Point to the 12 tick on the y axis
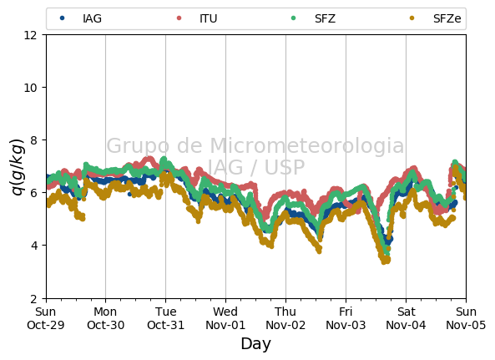tap(30, 35)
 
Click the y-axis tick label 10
tap(30, 88)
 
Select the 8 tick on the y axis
tap(33, 139)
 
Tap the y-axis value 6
tap(33, 193)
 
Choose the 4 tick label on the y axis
tap(33, 246)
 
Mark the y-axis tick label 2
tap(33, 298)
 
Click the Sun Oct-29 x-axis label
tap(46, 318)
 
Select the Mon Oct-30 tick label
tap(105, 318)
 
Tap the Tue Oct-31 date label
tap(166, 318)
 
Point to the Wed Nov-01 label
tap(225, 318)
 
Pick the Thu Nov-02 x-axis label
tap(285, 318)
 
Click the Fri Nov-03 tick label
tap(346, 318)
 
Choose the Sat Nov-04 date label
tap(406, 318)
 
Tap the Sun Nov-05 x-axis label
tap(466, 318)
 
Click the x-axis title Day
tap(255, 344)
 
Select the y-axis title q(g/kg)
tap(18, 167)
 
